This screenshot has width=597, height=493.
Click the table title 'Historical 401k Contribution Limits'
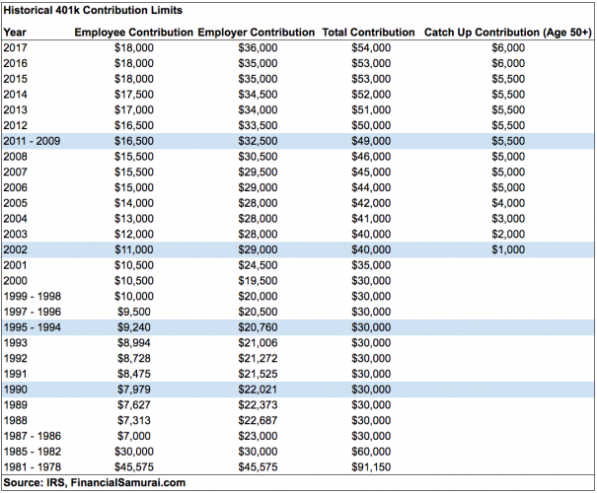click(93, 10)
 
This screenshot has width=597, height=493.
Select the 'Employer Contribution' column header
click(257, 33)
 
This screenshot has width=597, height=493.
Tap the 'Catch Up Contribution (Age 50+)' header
click(508, 33)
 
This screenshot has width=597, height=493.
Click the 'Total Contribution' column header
click(368, 33)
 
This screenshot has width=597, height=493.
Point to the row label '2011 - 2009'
click(32, 141)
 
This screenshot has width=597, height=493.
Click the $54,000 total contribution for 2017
click(371, 48)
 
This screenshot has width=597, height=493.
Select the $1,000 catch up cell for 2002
click(508, 249)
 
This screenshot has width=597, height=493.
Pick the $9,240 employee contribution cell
click(134, 327)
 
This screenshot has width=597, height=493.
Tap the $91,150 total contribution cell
click(371, 467)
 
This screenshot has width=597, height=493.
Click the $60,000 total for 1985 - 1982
click(371, 452)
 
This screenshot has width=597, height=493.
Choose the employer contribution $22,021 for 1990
click(259, 389)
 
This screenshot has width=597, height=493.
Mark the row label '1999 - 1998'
click(33, 297)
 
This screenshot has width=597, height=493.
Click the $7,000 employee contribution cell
click(134, 436)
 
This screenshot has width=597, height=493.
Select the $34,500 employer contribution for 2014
click(259, 95)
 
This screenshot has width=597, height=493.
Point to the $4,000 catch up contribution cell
click(508, 203)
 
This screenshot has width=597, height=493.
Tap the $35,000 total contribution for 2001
click(371, 265)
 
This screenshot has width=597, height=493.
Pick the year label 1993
click(16, 343)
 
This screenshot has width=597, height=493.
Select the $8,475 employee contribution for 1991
click(134, 374)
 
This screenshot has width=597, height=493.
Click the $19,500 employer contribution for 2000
click(259, 281)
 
